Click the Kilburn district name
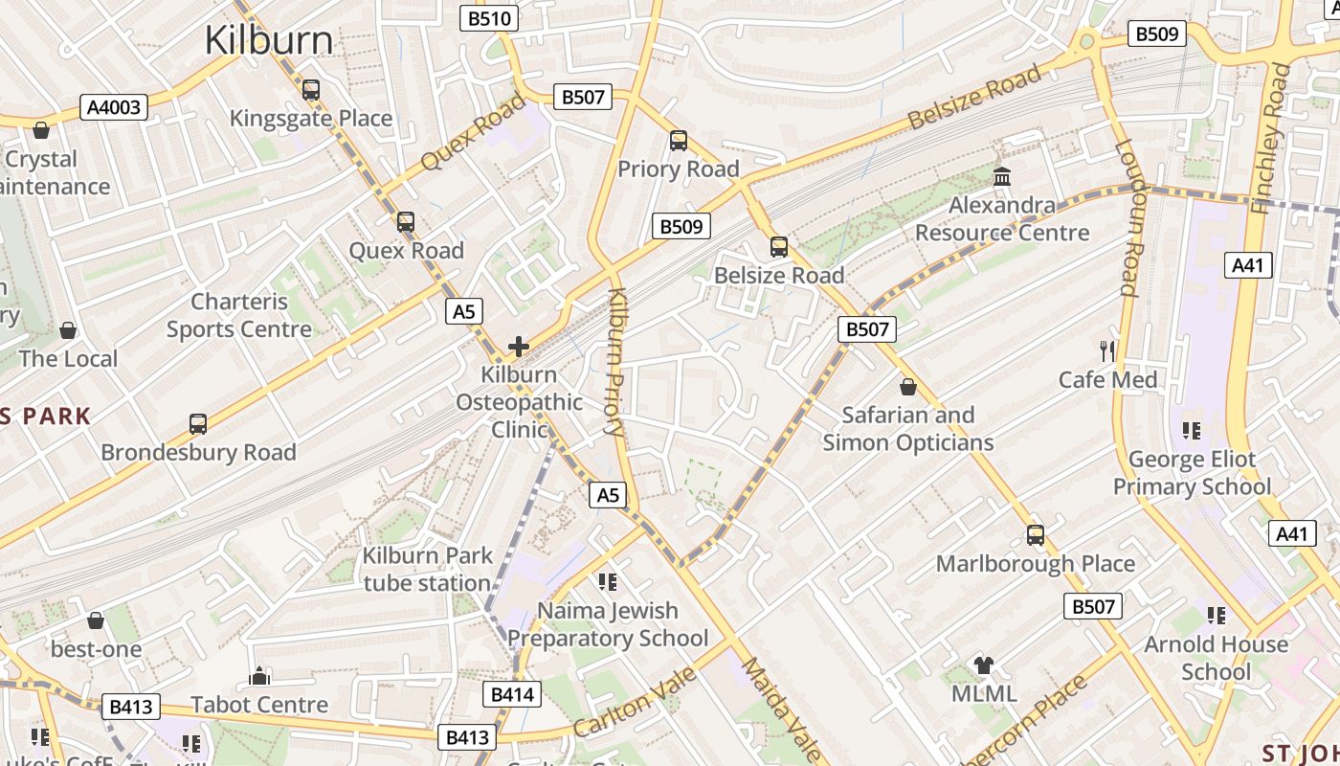[269, 40]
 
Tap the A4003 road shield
[114, 107]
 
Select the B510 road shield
[489, 18]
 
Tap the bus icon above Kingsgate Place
[311, 90]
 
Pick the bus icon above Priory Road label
[679, 141]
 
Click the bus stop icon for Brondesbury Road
[198, 424]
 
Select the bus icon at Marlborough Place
[1035, 535]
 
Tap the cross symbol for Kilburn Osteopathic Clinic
[519, 346]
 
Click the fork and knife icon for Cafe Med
[1108, 351]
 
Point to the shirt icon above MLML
[984, 665]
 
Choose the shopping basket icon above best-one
[96, 621]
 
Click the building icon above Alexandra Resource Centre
[1002, 177]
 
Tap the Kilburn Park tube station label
[427, 569]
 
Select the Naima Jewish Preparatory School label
[608, 624]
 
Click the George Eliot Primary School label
[1192, 473]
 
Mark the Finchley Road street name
[1272, 139]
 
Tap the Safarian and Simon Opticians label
[907, 428]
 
